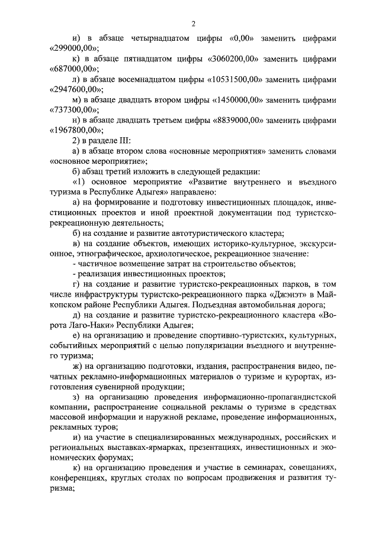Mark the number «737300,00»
(73, 111)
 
